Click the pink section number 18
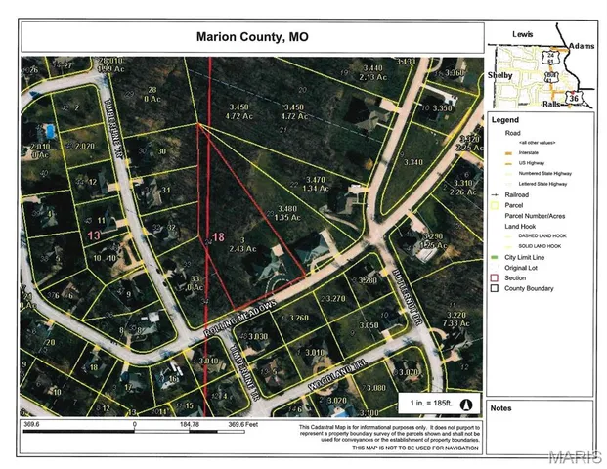[x=218, y=237]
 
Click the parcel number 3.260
[x=298, y=318]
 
